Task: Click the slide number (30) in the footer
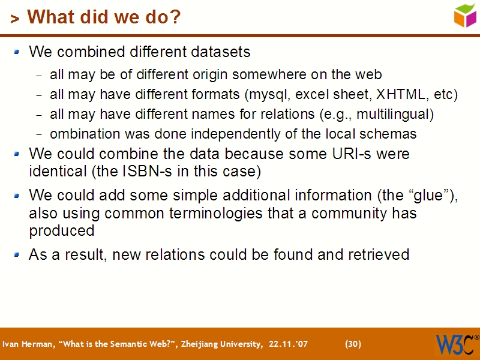pyautogui.click(x=353, y=344)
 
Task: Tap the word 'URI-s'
pyautogui.click(x=356, y=154)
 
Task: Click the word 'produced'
pyautogui.click(x=62, y=231)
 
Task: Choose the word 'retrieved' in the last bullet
pyautogui.click(x=379, y=254)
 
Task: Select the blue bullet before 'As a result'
pyautogui.click(x=17, y=254)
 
